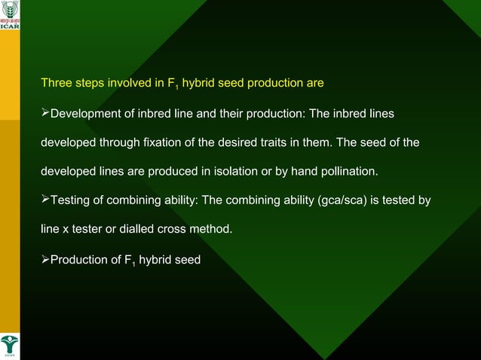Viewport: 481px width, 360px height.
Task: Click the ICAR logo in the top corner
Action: [x=10, y=14]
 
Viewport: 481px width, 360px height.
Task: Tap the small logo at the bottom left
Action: [x=10, y=347]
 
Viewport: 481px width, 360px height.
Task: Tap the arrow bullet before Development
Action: [x=44, y=113]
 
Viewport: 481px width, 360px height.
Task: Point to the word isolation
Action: [x=229, y=172]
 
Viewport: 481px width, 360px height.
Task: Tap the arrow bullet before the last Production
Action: [x=44, y=260]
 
